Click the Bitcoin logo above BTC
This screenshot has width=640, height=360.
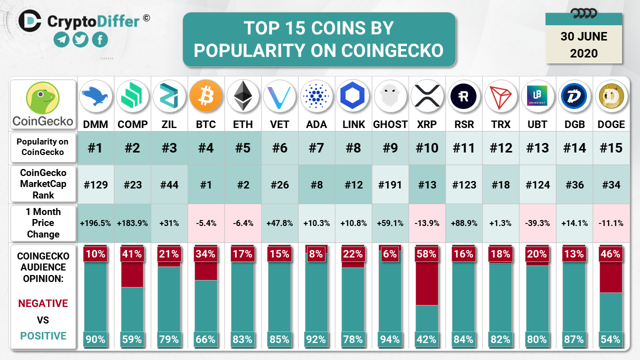[206, 96]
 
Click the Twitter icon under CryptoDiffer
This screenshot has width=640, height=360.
[80, 39]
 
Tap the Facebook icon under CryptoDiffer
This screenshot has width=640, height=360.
[99, 39]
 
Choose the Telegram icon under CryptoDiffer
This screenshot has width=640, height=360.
[61, 39]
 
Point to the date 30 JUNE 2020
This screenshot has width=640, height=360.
[583, 44]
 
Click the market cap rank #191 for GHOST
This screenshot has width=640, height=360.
[390, 185]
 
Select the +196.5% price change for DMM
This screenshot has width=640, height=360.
[95, 223]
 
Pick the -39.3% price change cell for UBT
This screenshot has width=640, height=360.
[537, 223]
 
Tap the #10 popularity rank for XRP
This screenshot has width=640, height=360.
[427, 148]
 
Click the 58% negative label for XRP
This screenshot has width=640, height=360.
[427, 254]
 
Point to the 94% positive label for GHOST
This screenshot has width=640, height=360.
[390, 339]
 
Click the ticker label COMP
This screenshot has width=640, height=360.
[132, 124]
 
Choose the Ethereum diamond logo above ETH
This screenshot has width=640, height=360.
[243, 96]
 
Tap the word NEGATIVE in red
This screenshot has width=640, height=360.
[43, 303]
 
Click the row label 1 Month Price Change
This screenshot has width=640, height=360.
[43, 223]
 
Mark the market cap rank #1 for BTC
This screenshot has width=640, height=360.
[206, 185]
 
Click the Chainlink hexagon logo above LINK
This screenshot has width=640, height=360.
[353, 96]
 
